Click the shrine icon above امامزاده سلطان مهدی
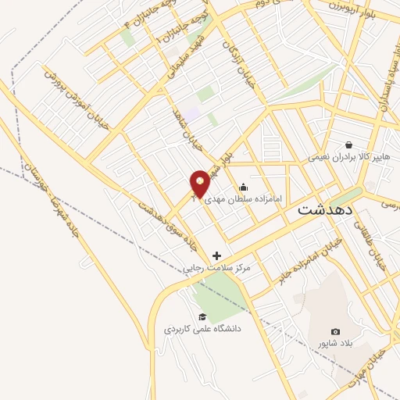(244, 187)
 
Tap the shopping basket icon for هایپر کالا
(348, 145)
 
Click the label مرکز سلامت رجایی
(217, 268)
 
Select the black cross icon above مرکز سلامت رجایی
(216, 255)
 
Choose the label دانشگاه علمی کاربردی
(202, 329)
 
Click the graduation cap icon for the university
(202, 316)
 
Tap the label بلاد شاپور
(336, 344)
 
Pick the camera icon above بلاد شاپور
(336, 332)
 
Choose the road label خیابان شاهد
(187, 131)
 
